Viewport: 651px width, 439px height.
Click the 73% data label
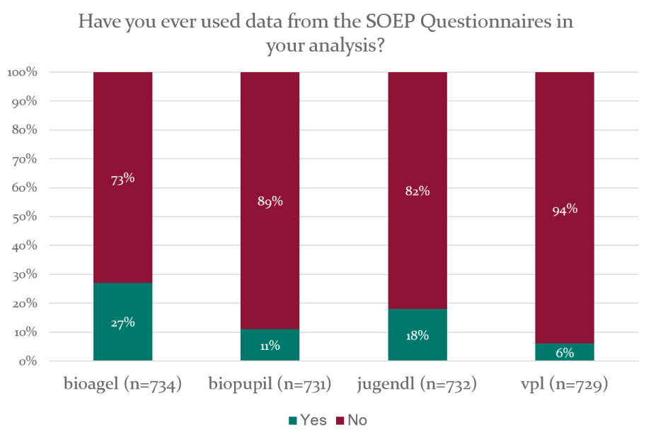coord(123,180)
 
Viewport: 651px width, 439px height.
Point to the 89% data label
coord(270,201)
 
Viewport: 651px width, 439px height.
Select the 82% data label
coord(417,191)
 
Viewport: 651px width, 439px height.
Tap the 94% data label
coord(564,209)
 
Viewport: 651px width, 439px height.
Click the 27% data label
coord(123,322)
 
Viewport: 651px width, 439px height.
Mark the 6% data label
coord(564,353)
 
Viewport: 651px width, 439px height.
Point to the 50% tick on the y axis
coord(23,217)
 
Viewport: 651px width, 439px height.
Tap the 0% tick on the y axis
coord(27,361)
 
